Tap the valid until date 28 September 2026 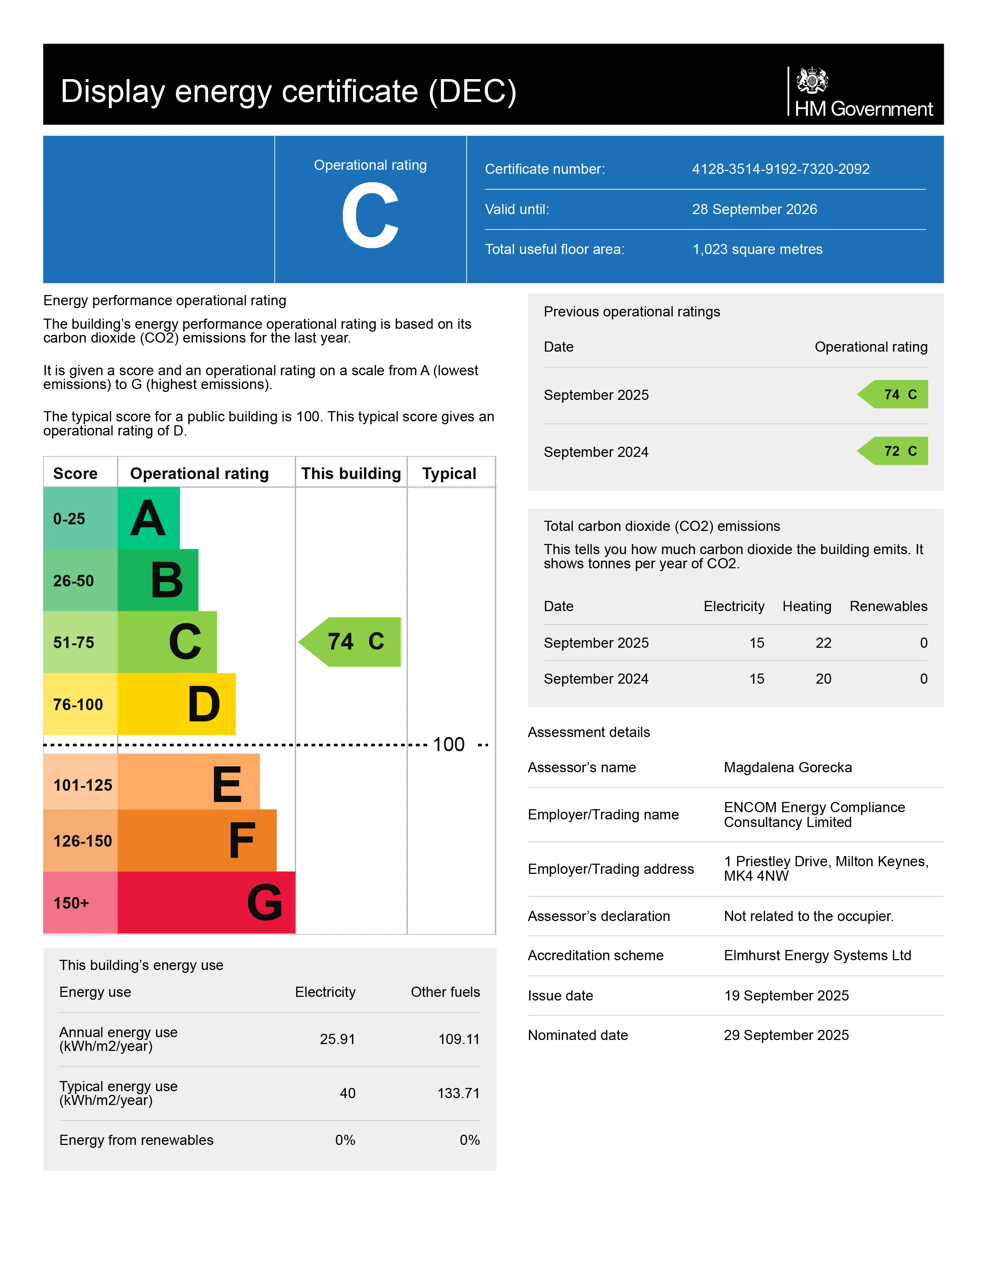[754, 209]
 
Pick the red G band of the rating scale [206, 902]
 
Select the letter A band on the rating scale [148, 518]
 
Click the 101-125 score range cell [82, 785]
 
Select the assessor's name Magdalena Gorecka [788, 768]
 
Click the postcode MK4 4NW [756, 876]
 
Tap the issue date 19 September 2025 [786, 995]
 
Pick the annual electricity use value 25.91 [337, 1039]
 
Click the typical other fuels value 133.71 [458, 1093]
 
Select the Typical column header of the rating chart [449, 473]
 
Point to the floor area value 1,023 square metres [757, 249]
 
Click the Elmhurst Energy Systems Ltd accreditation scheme [817, 955]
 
